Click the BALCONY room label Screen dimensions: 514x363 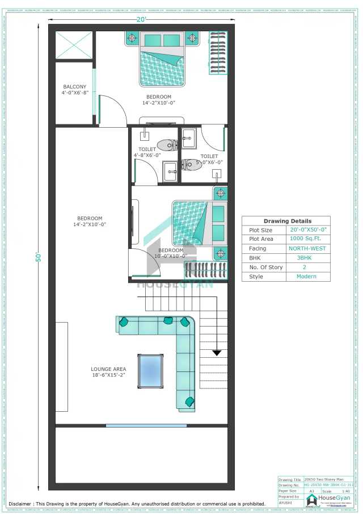(x=75, y=87)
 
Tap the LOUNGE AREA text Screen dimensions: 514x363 (x=108, y=370)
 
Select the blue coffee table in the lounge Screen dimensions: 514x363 (x=151, y=371)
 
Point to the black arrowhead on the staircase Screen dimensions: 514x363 (x=217, y=352)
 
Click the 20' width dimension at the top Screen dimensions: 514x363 (x=140, y=19)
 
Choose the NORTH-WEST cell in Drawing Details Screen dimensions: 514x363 (x=307, y=249)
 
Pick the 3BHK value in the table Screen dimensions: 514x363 (x=307, y=258)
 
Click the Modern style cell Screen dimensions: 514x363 (x=306, y=277)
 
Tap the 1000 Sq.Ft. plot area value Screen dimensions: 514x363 (x=307, y=239)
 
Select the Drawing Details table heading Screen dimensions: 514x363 (x=288, y=221)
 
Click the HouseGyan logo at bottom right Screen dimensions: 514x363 (x=329, y=499)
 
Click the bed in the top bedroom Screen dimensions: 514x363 (x=162, y=60)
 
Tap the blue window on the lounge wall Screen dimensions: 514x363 (x=146, y=425)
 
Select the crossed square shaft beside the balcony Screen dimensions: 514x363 (x=74, y=45)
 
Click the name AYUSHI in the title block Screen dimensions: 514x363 (x=285, y=503)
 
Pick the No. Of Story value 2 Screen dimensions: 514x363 (x=307, y=268)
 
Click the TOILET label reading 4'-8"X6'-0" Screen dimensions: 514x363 (x=147, y=152)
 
